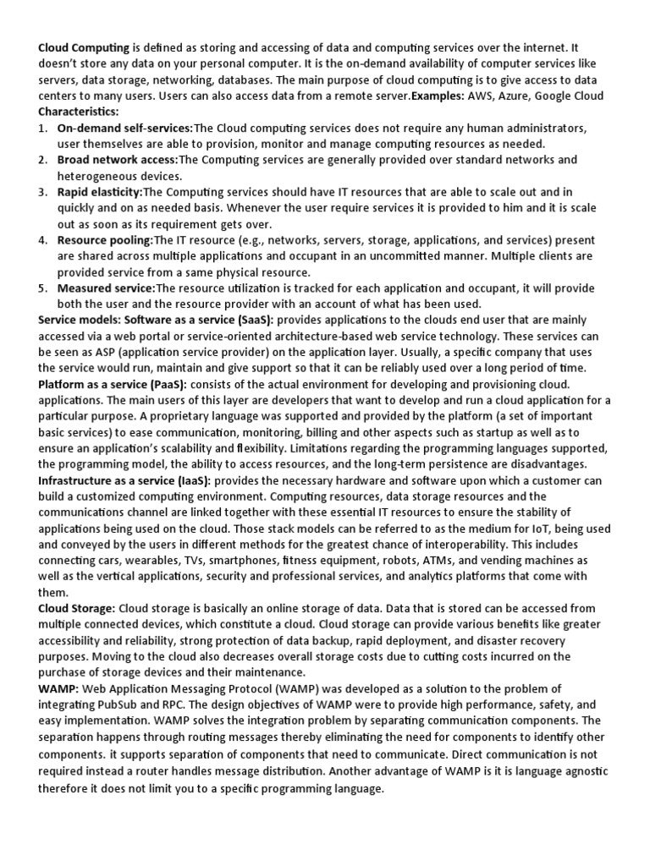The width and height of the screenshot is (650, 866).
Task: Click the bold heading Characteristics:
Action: point(79,111)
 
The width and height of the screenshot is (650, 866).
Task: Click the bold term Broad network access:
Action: point(118,159)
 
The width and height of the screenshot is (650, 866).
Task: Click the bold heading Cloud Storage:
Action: point(77,608)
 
